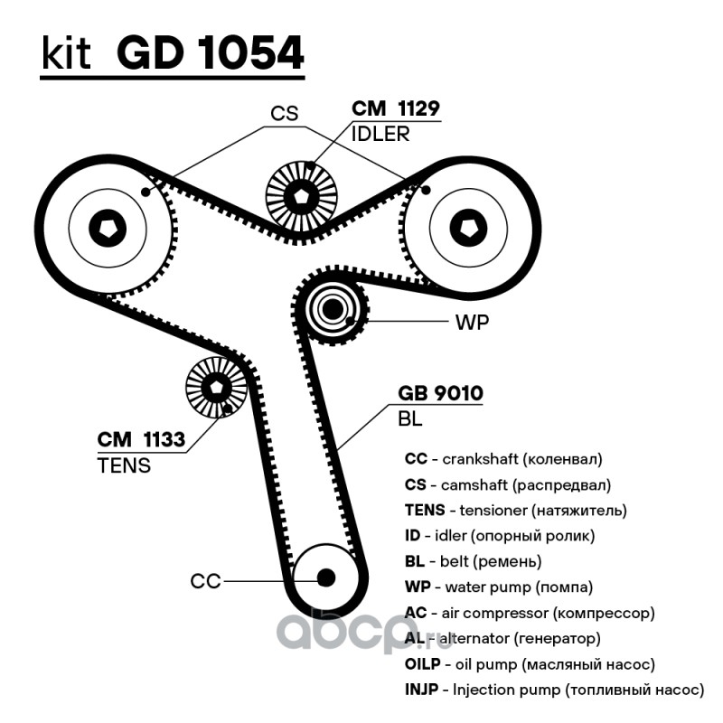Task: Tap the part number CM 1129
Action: [x=395, y=109]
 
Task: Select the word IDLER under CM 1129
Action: [x=380, y=134]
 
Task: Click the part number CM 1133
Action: [x=141, y=440]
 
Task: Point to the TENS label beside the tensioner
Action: [x=124, y=465]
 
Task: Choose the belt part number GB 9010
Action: [x=441, y=394]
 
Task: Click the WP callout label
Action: [x=472, y=323]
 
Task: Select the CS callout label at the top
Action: [x=285, y=114]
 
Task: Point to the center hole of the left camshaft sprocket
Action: [x=108, y=226]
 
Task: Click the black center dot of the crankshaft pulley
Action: [x=324, y=577]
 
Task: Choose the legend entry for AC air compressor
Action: [x=529, y=613]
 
